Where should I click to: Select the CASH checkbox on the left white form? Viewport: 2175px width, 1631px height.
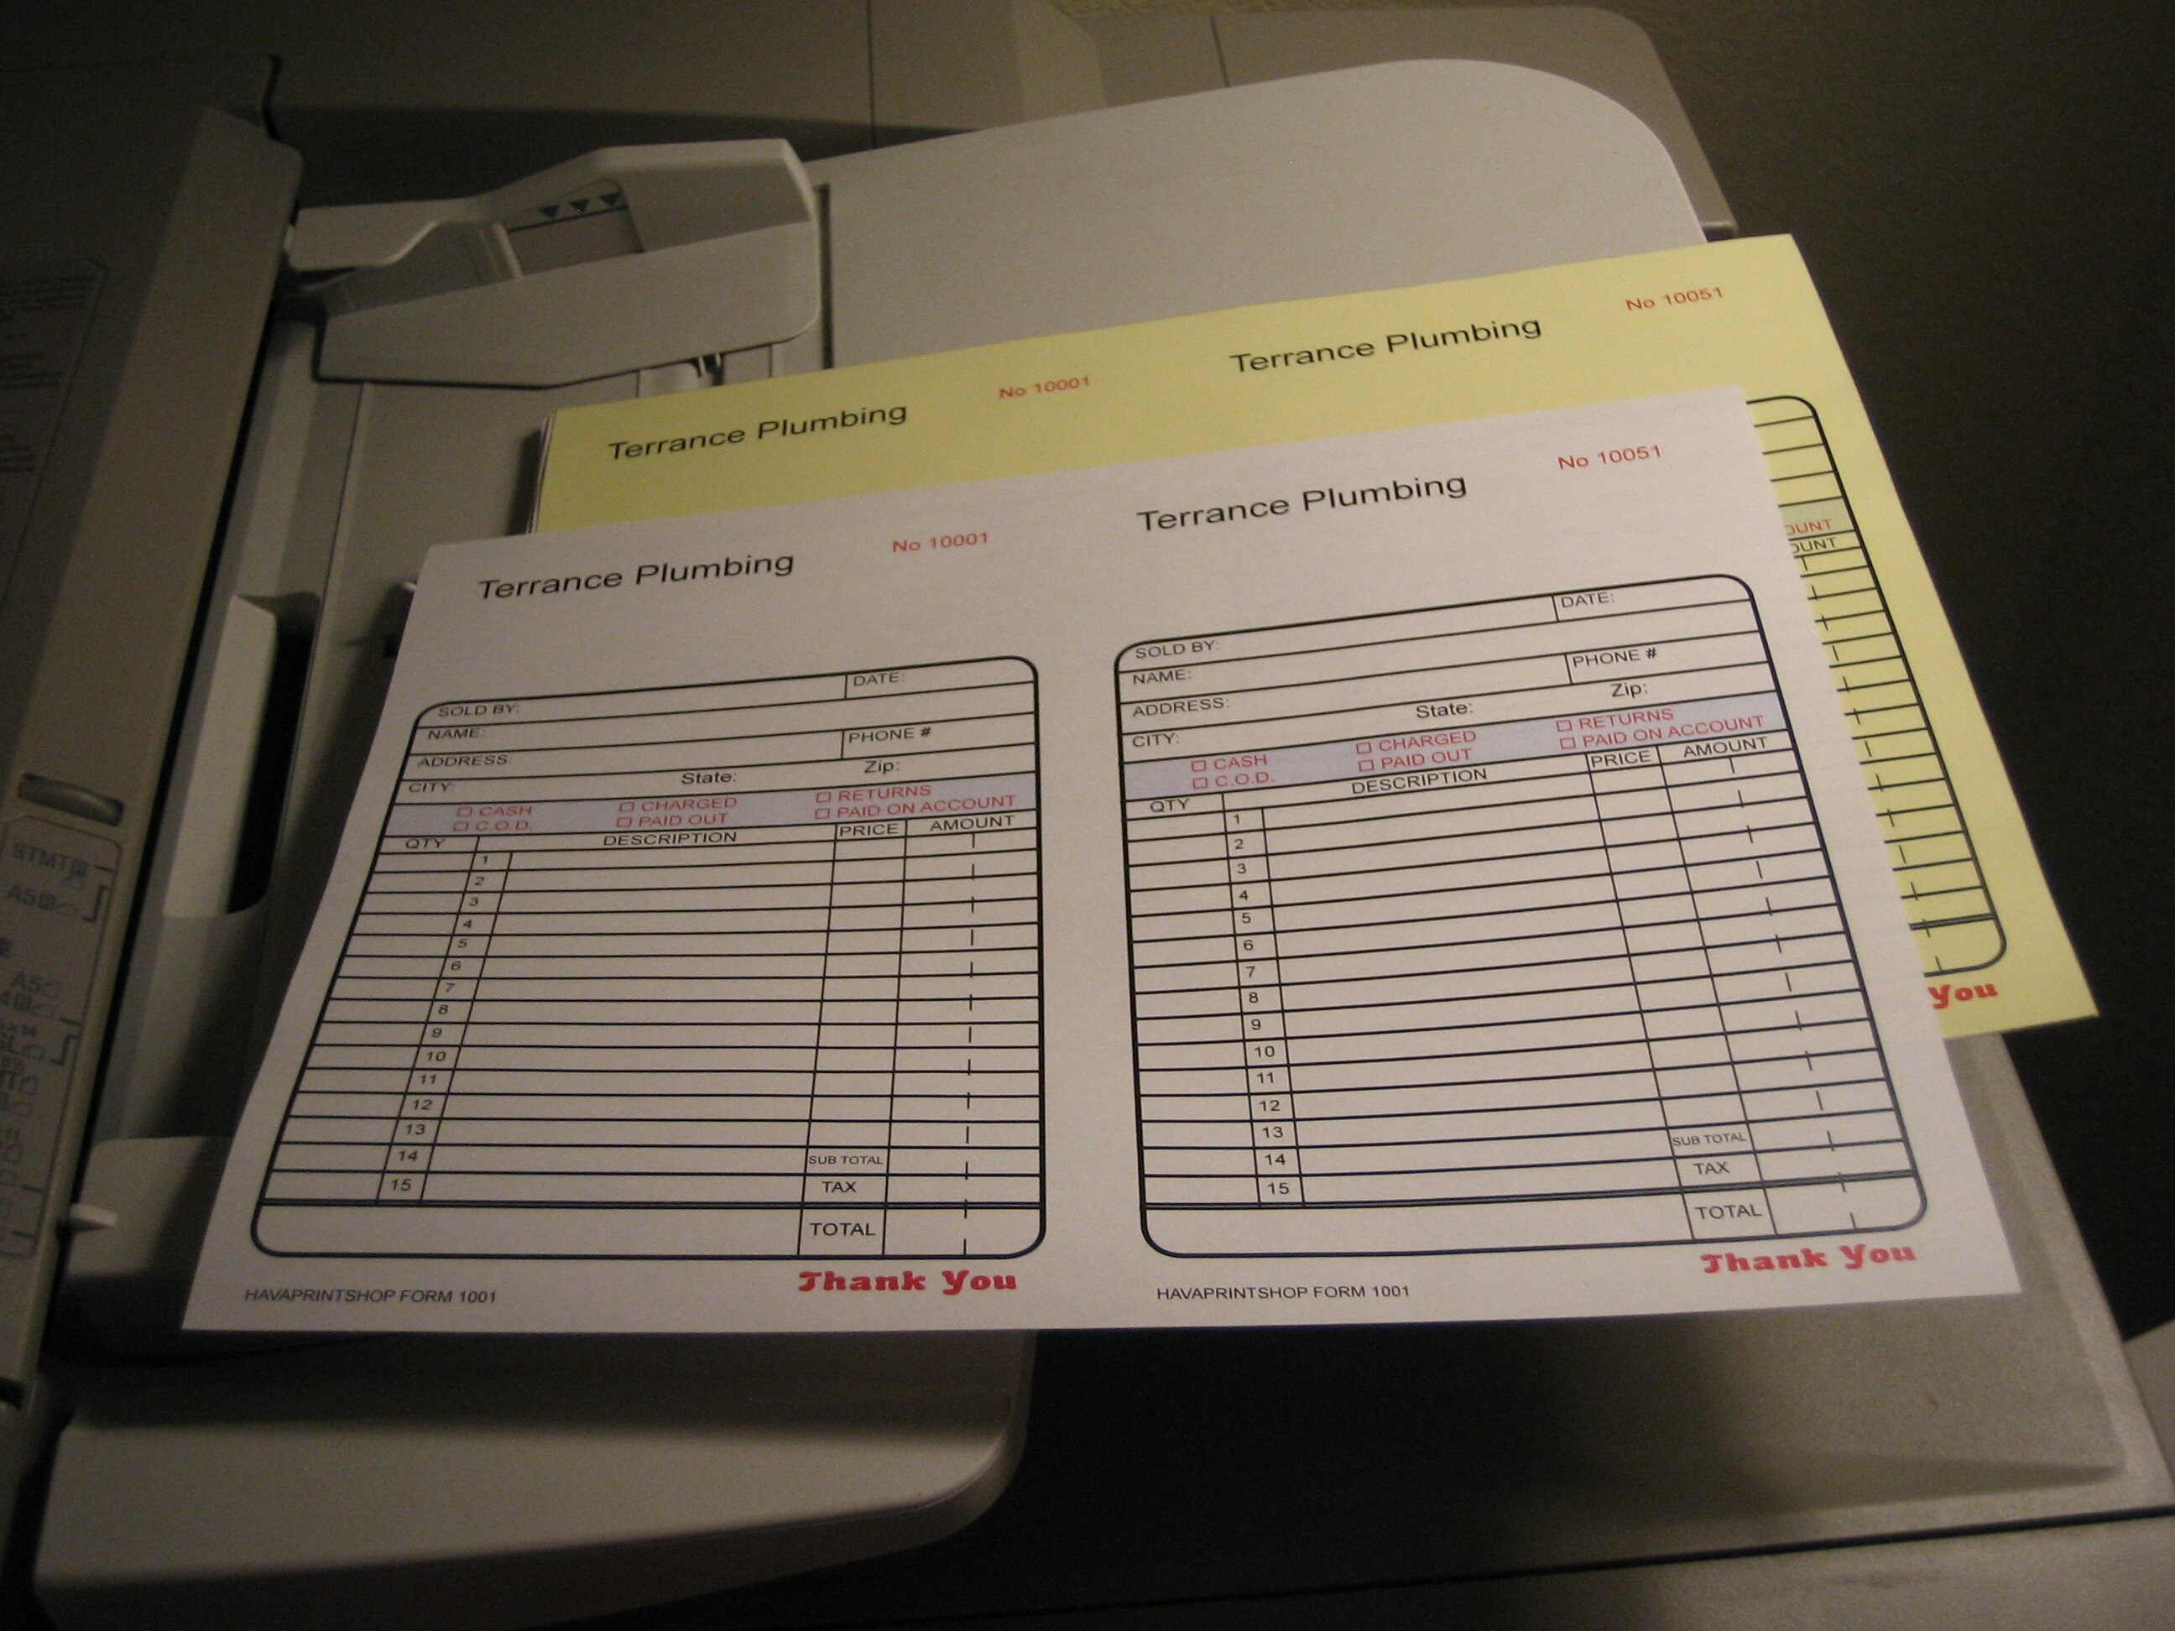coord(466,812)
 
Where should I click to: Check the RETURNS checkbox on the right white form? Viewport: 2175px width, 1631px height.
coord(1563,726)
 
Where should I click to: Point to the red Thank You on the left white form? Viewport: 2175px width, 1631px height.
coord(905,1281)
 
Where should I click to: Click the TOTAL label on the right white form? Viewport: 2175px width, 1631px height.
coord(1728,1212)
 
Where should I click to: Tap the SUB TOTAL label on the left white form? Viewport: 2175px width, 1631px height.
coord(845,1160)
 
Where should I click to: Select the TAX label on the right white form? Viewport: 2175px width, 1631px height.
coord(1711,1168)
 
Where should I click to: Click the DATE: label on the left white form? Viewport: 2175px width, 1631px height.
coord(877,679)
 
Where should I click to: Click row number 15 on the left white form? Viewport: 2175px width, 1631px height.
coord(400,1185)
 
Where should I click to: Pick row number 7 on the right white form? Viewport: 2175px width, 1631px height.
coord(1251,972)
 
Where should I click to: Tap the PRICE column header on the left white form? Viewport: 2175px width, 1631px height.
coord(868,830)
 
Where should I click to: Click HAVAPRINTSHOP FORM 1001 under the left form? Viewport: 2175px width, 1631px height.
coord(370,1295)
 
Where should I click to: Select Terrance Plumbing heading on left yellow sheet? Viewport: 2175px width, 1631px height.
coord(756,431)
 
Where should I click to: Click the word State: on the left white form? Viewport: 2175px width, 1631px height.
coord(709,778)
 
